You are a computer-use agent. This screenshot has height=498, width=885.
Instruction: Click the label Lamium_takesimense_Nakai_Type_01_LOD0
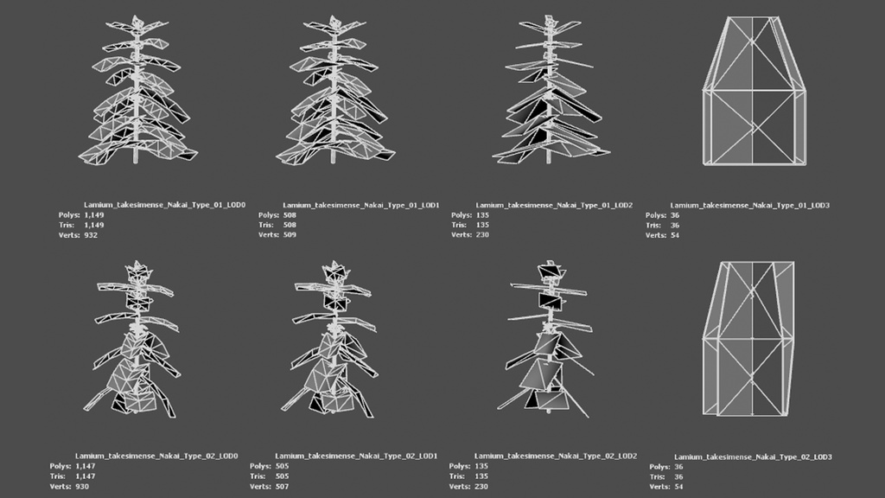pyautogui.click(x=165, y=205)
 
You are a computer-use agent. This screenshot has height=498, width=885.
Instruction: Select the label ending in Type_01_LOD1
pyautogui.click(x=360, y=205)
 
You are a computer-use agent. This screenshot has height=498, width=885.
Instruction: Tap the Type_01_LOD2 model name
pyautogui.click(x=554, y=205)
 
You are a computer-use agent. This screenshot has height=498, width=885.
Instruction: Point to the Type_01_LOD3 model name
pyautogui.click(x=749, y=206)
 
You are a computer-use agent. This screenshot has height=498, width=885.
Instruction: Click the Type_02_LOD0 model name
pyautogui.click(x=156, y=456)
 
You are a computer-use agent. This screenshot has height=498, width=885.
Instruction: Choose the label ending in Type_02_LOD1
pyautogui.click(x=356, y=456)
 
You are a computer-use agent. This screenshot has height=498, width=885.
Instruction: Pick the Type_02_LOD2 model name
pyautogui.click(x=556, y=456)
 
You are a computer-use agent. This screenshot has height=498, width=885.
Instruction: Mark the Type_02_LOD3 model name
pyautogui.click(x=753, y=456)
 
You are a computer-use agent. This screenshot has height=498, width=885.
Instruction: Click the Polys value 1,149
pyautogui.click(x=93, y=215)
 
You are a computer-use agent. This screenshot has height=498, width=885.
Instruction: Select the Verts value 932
pyautogui.click(x=90, y=235)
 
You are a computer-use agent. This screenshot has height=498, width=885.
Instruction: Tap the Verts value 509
pyautogui.click(x=290, y=235)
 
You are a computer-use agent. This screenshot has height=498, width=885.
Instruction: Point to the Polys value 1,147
pyautogui.click(x=85, y=466)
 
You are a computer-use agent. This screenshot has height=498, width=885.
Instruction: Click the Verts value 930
pyautogui.click(x=82, y=486)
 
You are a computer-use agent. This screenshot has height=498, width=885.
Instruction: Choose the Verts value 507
pyautogui.click(x=282, y=486)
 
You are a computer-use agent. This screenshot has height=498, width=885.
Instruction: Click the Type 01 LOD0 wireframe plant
pyautogui.click(x=137, y=90)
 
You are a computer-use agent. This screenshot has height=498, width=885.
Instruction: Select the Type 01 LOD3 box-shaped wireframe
pyautogui.click(x=754, y=91)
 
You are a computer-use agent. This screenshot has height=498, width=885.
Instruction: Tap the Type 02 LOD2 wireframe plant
pyautogui.click(x=545, y=339)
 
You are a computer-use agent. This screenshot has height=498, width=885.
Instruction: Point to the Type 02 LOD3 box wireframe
pyautogui.click(x=749, y=339)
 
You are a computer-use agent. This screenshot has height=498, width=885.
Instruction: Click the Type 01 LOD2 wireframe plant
pyautogui.click(x=550, y=90)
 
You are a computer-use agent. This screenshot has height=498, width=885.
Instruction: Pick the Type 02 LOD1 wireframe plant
pyautogui.click(x=334, y=339)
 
